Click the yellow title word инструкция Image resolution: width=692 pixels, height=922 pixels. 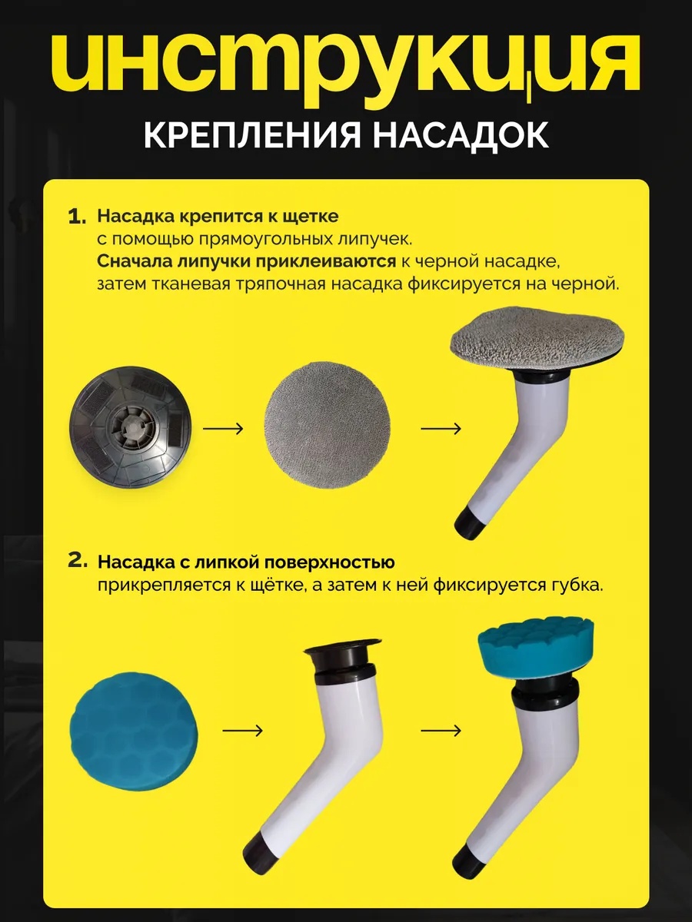[346, 65]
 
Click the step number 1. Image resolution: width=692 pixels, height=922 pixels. [78, 217]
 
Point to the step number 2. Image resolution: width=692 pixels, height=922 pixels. [78, 561]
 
